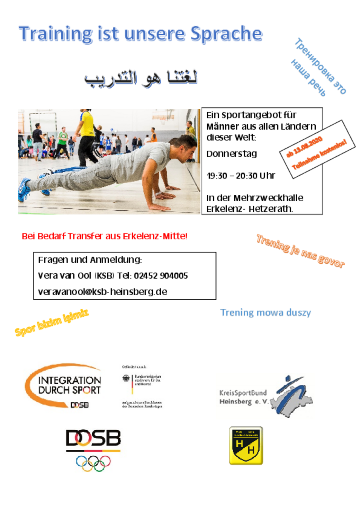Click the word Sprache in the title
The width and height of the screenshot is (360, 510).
pyautogui.click(x=226, y=34)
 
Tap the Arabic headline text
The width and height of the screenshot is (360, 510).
pyautogui.click(x=141, y=78)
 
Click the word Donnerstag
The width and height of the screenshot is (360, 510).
pyautogui.click(x=231, y=153)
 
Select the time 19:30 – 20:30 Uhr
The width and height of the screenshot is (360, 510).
pyautogui.click(x=240, y=176)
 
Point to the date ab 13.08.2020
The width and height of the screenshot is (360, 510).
pyautogui.click(x=304, y=147)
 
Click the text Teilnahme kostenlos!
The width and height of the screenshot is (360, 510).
pyautogui.click(x=319, y=155)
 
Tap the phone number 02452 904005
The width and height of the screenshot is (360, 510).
pyautogui.click(x=161, y=276)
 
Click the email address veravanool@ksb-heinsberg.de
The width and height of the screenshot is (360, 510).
pyautogui.click(x=102, y=292)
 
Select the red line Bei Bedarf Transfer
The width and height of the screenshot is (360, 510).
pyautogui.click(x=104, y=236)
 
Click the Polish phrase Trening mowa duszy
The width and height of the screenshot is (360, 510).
pyautogui.click(x=265, y=313)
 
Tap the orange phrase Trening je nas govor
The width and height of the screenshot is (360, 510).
pyautogui.click(x=300, y=251)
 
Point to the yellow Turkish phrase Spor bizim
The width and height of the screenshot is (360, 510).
pyautogui.click(x=52, y=322)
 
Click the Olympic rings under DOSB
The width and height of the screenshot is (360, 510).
pyautogui.click(x=93, y=463)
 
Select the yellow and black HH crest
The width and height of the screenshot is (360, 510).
pyautogui.click(x=246, y=446)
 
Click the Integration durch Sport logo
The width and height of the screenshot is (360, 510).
pyautogui.click(x=66, y=386)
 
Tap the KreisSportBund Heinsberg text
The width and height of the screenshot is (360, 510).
pyautogui.click(x=243, y=397)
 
